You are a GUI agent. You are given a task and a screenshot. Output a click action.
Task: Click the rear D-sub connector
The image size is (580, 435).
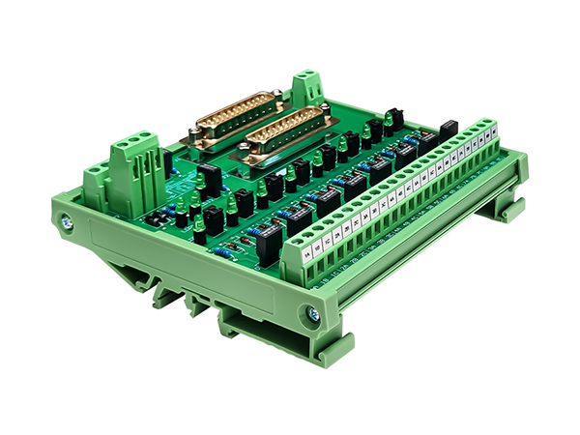click(236, 113)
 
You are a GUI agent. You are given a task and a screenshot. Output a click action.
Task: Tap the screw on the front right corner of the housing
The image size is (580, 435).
click(311, 312)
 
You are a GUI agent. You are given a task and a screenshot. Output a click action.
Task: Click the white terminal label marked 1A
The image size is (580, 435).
click(307, 255)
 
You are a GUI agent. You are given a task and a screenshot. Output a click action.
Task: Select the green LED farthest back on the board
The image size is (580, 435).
click(388, 119)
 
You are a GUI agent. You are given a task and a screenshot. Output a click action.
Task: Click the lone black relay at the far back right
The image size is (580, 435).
click(447, 129)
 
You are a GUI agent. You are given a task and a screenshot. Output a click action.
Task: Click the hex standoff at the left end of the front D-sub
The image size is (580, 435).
click(247, 153)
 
